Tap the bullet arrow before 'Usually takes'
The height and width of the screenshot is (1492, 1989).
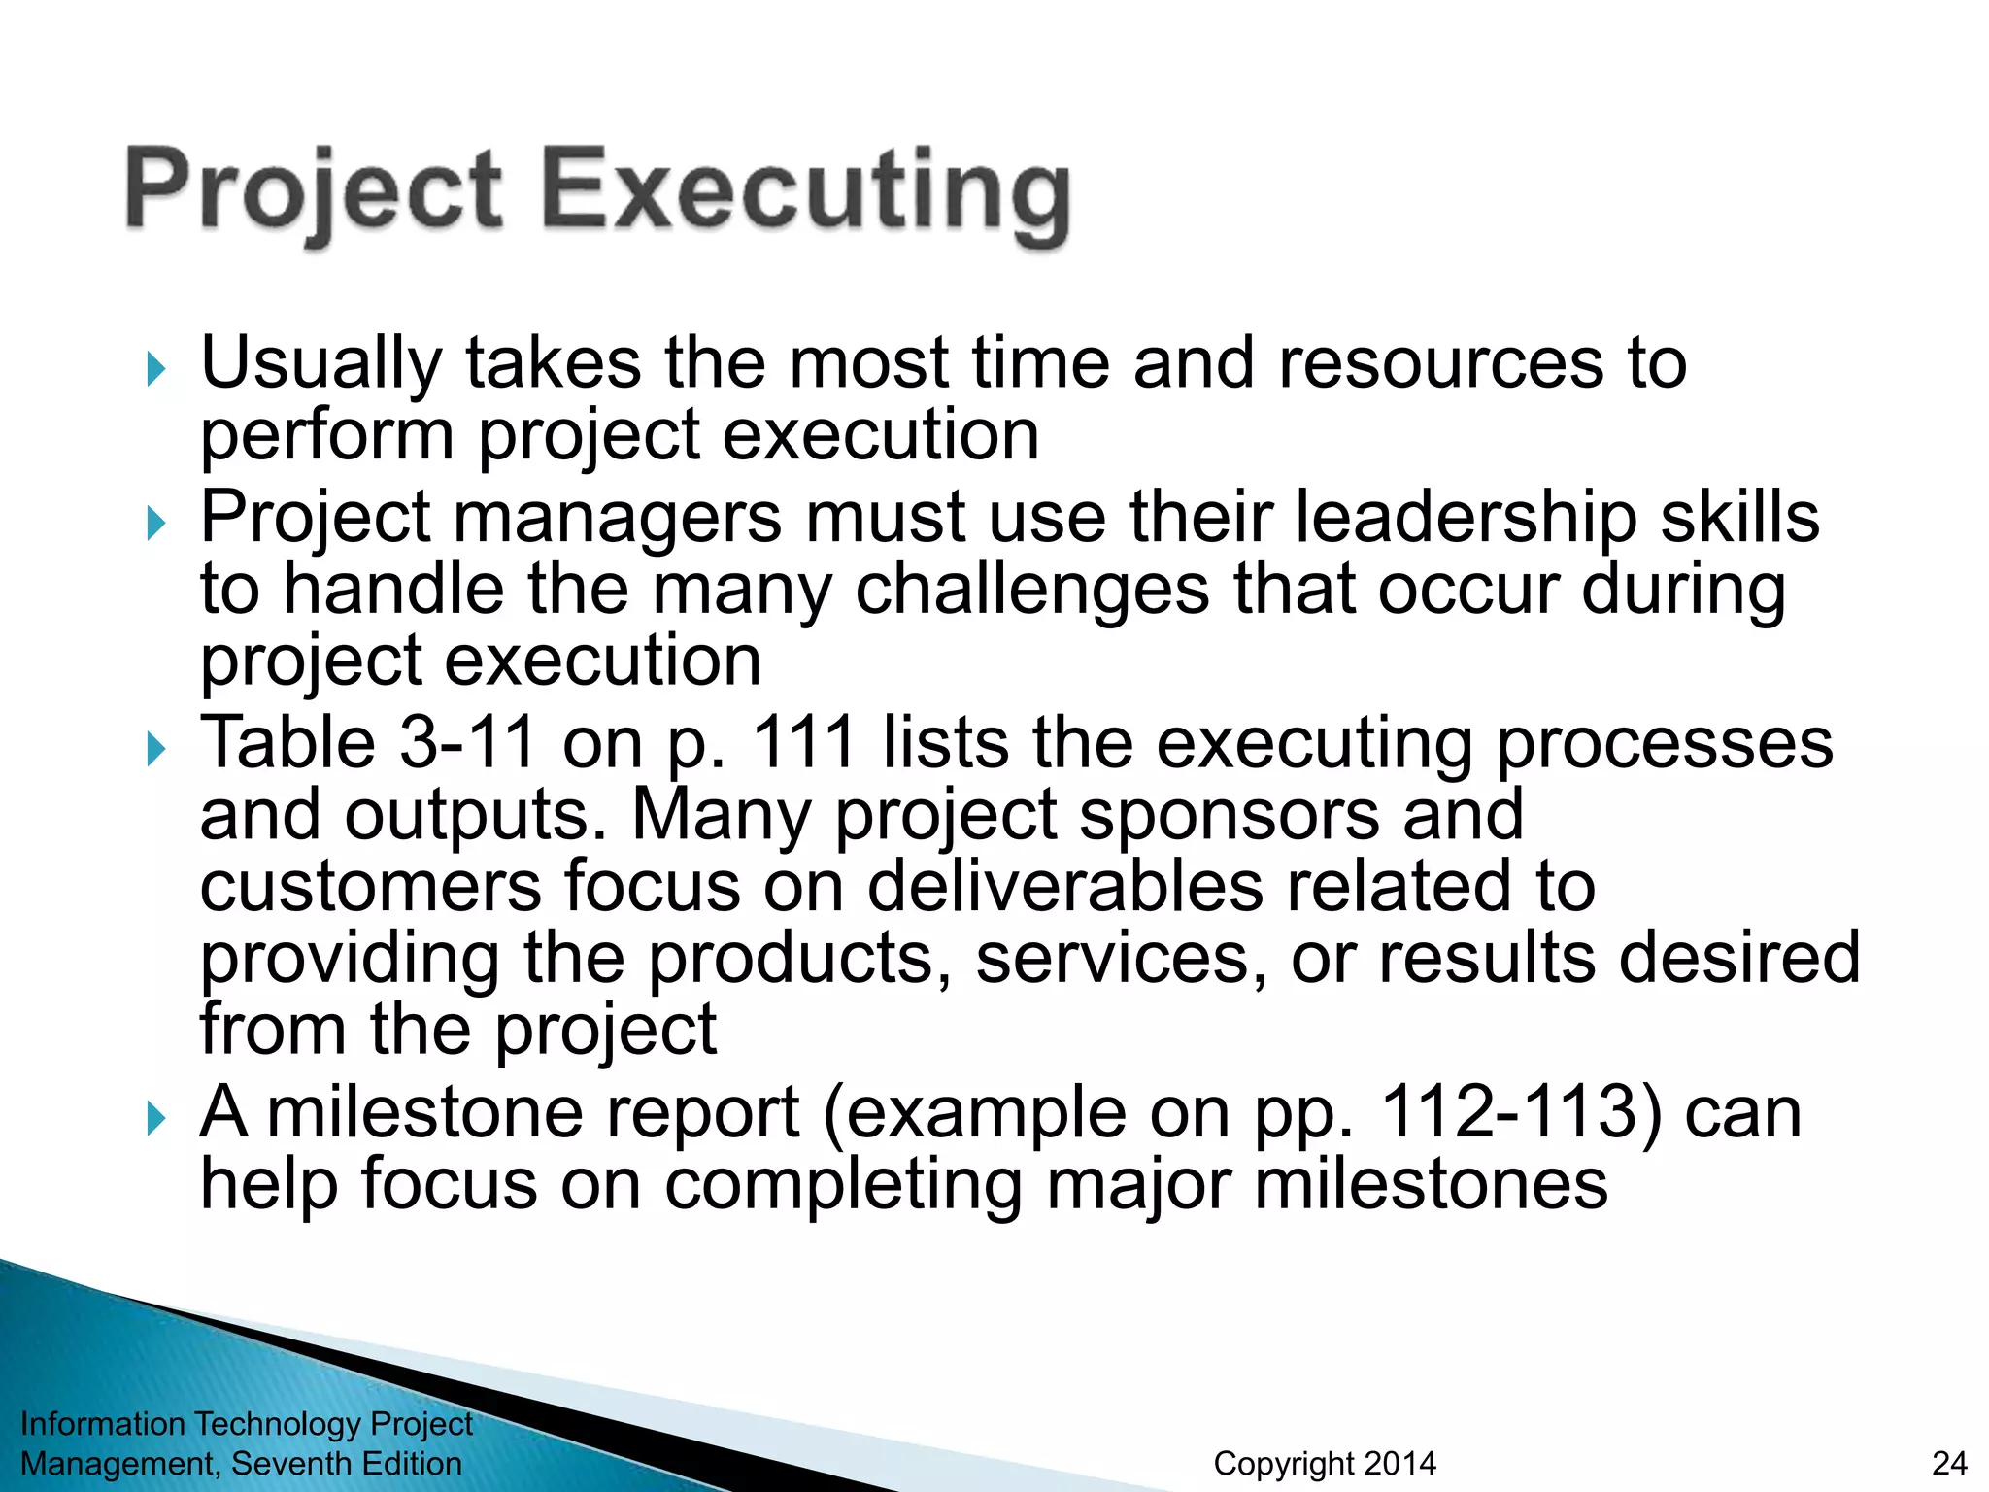tap(155, 369)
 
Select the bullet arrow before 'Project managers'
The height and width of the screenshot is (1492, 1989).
tap(155, 524)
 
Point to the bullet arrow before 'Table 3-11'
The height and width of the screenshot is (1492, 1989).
tap(155, 749)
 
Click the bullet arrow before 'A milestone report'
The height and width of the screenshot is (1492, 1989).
tap(155, 1119)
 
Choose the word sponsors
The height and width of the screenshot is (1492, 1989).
tap(1230, 815)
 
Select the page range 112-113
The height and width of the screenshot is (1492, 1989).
tap(1521, 1112)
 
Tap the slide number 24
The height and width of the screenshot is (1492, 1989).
tap(1949, 1463)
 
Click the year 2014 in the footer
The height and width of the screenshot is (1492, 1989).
tap(1397, 1463)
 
